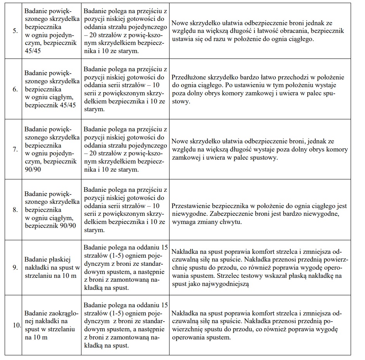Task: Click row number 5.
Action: click(15, 31)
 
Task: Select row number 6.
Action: click(15, 89)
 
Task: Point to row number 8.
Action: click(15, 210)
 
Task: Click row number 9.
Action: click(15, 267)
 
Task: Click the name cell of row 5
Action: click(52, 31)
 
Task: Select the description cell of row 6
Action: click(125, 89)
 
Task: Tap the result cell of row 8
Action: click(259, 210)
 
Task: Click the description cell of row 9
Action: click(125, 267)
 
